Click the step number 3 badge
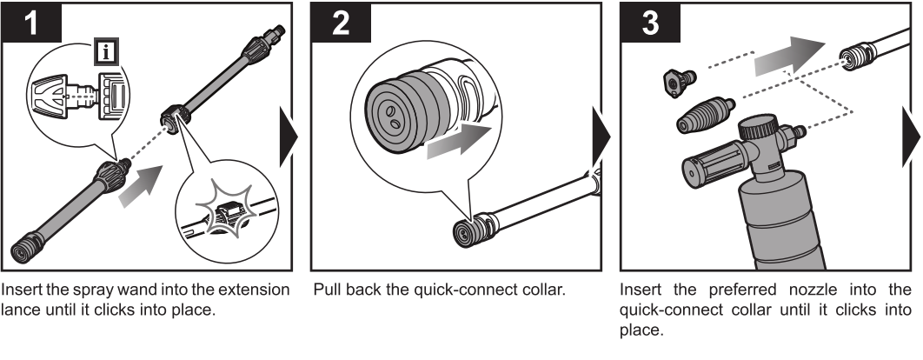[647, 25]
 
